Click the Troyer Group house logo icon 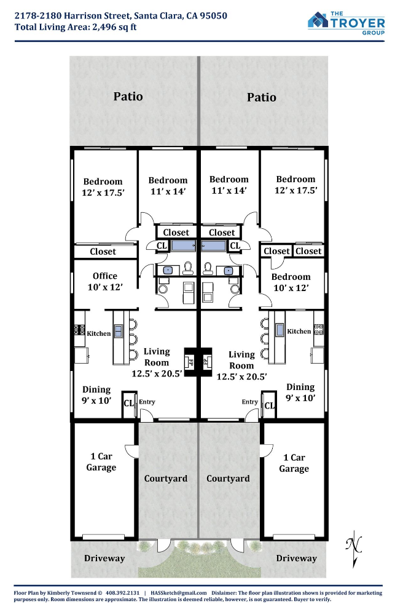click(318, 20)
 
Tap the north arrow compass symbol click(354, 549)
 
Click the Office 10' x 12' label click(105, 282)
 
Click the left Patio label click(128, 97)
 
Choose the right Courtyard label click(228, 479)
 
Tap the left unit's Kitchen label click(98, 333)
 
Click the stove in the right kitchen click(319, 329)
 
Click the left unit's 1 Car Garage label click(101, 462)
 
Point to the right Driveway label click(296, 559)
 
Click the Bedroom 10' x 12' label click(291, 282)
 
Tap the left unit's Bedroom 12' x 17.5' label click(103, 187)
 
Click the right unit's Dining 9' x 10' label click(300, 393)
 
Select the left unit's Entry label click(147, 402)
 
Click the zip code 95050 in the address click(213, 15)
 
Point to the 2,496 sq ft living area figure click(114, 28)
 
